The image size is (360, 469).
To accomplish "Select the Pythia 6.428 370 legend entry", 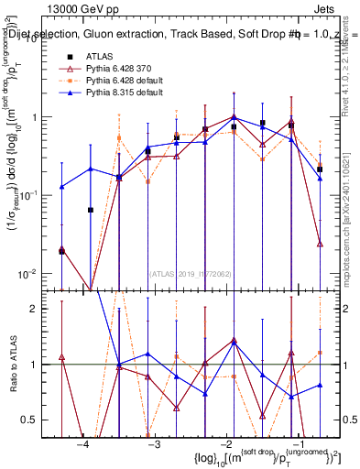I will (x=120, y=70).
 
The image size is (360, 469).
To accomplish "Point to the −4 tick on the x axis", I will (x=82, y=444).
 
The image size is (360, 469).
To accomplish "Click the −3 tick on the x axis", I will (x=155, y=444).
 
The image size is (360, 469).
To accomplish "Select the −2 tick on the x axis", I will (x=227, y=444).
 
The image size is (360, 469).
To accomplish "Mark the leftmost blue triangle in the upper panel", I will (x=61, y=187).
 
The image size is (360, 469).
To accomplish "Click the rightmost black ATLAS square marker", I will (x=320, y=169).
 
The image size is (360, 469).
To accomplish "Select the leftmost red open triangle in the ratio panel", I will (x=61, y=357).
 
